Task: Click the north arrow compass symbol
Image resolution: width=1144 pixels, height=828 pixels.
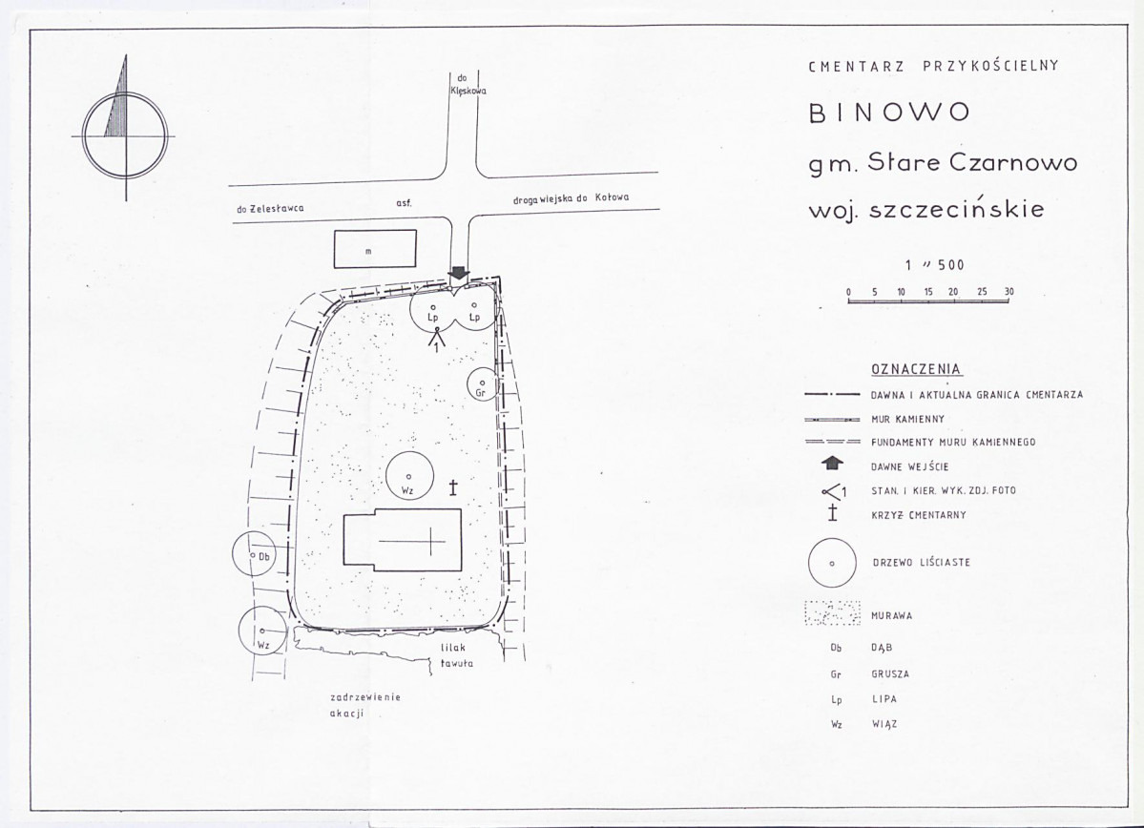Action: click(126, 135)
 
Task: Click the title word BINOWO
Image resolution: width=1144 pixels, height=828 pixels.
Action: click(889, 113)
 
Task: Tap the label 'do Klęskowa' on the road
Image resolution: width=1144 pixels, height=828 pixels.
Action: click(464, 85)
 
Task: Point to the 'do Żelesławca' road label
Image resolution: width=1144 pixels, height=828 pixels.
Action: click(270, 209)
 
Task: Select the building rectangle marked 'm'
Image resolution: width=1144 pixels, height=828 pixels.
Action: click(375, 250)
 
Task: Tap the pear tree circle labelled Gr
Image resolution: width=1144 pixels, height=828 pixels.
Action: click(482, 384)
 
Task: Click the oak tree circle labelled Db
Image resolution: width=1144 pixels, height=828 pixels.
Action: click(256, 554)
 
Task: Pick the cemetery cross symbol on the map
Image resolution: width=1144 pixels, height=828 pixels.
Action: click(453, 487)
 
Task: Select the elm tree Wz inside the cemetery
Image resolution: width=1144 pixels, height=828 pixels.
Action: click(409, 477)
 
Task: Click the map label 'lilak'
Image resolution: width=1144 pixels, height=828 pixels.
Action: click(453, 647)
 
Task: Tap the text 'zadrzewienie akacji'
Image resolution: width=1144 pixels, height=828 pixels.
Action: click(364, 705)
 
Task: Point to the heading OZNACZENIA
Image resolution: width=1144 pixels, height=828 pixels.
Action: click(916, 369)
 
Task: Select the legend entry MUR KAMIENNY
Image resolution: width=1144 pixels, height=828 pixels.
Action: click(907, 420)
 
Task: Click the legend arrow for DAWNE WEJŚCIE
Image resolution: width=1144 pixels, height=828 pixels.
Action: click(832, 464)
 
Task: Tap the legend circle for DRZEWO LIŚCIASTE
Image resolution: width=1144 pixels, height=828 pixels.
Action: click(832, 563)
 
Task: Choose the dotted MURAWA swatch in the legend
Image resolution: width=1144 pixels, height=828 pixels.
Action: click(832, 613)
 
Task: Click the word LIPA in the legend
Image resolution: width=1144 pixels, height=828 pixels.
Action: click(884, 699)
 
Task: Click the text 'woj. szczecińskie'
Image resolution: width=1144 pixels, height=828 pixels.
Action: click(926, 209)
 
